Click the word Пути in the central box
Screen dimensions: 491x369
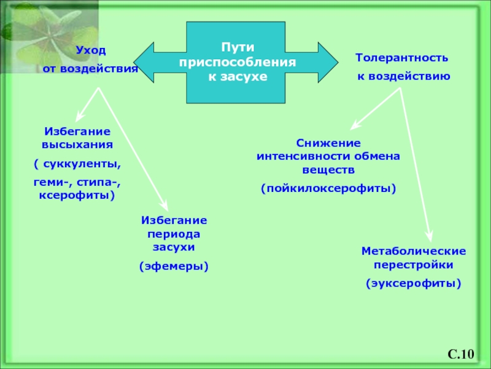[x=238, y=47]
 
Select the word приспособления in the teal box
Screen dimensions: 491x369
[x=238, y=62]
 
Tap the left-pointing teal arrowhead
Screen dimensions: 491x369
[x=144, y=63]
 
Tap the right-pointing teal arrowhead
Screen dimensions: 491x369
[x=328, y=63]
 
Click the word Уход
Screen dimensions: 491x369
[x=91, y=50]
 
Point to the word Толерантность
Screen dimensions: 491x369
[x=402, y=58]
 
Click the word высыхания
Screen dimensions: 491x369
[x=77, y=145]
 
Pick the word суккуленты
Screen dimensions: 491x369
[x=82, y=164]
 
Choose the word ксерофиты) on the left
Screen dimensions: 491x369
[x=77, y=195]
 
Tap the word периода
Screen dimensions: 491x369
[x=174, y=234]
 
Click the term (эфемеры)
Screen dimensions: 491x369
[x=174, y=266]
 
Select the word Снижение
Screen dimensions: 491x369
[x=328, y=143]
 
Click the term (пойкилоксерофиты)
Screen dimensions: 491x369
[x=328, y=188]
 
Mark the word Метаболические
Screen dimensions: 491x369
[x=414, y=251]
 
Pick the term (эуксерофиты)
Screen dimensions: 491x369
[x=414, y=284]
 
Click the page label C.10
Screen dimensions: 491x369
[x=461, y=354]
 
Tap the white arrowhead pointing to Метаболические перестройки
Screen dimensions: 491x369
[x=430, y=237]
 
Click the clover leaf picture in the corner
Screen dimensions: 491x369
[x=50, y=37]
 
